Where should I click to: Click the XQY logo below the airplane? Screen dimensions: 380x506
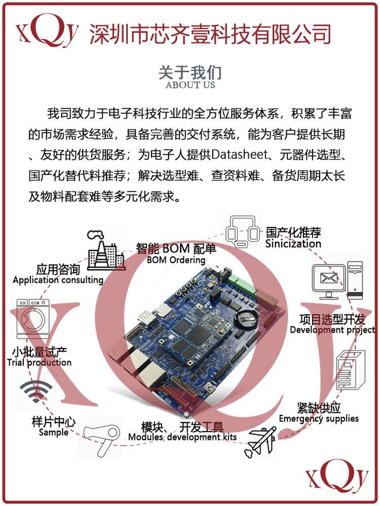coord(337,476)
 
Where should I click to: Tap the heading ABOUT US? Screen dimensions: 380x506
coord(190,85)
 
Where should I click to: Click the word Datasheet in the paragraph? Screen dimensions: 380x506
coord(240,155)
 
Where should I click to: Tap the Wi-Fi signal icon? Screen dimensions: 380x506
coord(36,391)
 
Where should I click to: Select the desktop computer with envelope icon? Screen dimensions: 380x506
coord(337,280)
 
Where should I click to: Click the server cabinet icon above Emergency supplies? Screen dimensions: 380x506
coord(350,371)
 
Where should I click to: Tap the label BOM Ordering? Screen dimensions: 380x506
coord(176,260)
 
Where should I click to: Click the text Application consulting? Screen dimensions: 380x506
coord(58,280)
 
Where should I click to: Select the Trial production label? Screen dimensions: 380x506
coord(39,362)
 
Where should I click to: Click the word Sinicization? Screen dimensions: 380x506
coord(293,244)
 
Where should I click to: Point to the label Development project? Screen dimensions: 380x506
coord(332,330)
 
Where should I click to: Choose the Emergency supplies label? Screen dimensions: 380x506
coord(319,419)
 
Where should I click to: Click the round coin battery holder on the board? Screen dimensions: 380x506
coord(246,320)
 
